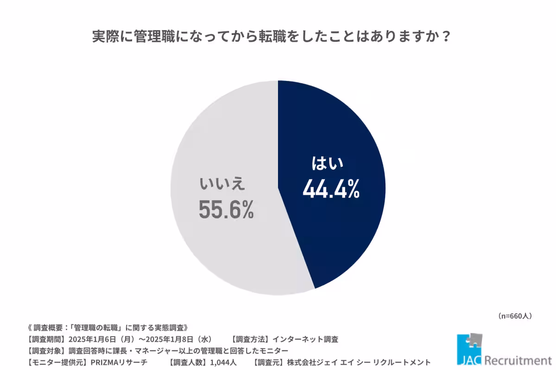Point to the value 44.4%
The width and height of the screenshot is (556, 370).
click(331, 189)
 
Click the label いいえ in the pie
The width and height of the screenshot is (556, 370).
click(221, 185)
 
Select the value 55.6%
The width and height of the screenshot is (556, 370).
click(226, 210)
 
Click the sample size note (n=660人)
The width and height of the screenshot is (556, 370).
click(515, 316)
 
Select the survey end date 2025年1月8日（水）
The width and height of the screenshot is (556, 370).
click(179, 339)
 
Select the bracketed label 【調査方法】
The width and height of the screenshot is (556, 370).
click(251, 339)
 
